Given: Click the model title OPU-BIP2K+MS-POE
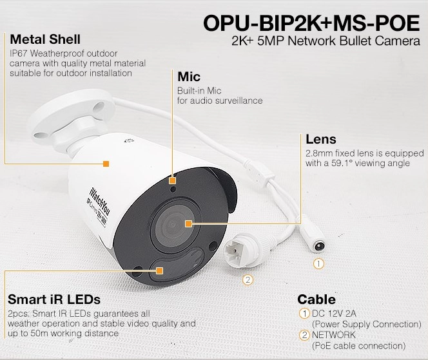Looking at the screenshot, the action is pyautogui.click(x=311, y=23).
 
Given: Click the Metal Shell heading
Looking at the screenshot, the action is pyautogui.click(x=45, y=39).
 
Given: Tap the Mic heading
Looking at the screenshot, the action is pyautogui.click(x=189, y=77).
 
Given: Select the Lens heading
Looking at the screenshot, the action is pyautogui.click(x=321, y=139).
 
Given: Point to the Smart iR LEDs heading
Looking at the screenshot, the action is pyautogui.click(x=54, y=299).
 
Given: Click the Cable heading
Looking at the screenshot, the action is pyautogui.click(x=316, y=299).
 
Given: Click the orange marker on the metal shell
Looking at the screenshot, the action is pyautogui.click(x=106, y=164).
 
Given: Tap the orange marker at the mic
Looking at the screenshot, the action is pyautogui.click(x=172, y=180).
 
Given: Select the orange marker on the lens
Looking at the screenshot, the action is pyautogui.click(x=188, y=224).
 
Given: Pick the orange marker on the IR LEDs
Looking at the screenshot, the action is pyautogui.click(x=160, y=270).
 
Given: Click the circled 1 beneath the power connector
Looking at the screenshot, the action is pyautogui.click(x=318, y=264).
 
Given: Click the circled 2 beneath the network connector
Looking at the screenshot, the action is pyautogui.click(x=248, y=279).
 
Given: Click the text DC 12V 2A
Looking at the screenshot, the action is pyautogui.click(x=334, y=314).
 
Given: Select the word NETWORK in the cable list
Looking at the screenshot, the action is pyautogui.click(x=334, y=335).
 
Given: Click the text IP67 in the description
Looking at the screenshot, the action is pyautogui.click(x=19, y=53).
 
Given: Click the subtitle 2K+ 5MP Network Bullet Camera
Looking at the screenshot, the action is pyautogui.click(x=326, y=41).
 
